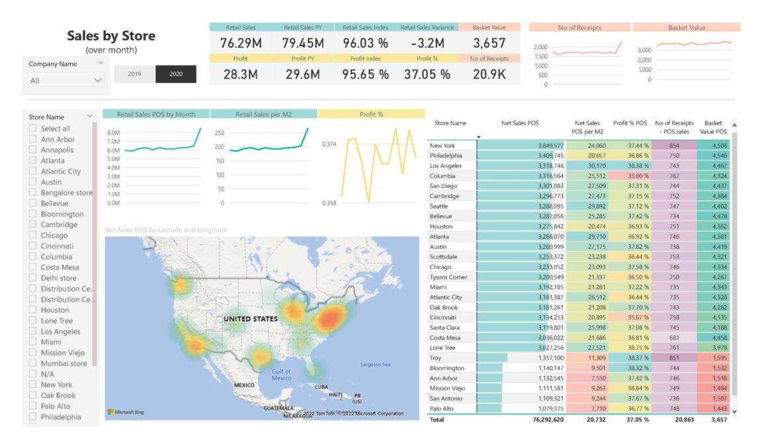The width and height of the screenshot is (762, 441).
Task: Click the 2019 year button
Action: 134,74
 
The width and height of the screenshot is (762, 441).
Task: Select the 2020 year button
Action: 176,74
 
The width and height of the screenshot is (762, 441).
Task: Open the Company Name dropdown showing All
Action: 66,80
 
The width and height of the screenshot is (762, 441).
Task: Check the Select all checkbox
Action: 33,128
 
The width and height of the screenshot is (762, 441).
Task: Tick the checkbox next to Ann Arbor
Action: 33,139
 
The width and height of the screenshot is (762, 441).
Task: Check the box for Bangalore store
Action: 33,193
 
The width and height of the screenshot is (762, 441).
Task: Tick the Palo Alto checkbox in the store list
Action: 33,406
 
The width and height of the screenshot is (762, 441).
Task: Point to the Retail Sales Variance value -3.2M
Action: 427,44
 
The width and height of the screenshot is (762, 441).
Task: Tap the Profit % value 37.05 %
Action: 427,74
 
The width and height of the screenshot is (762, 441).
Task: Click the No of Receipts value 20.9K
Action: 489,74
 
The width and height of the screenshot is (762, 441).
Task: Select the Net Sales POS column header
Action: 520,123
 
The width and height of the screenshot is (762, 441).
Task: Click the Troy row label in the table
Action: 436,358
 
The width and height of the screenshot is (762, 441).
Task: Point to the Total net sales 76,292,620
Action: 542,419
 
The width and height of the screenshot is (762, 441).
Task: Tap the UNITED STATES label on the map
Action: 250,319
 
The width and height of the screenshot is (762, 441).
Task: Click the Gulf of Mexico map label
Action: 281,375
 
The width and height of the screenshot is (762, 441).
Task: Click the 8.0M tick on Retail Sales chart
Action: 113,132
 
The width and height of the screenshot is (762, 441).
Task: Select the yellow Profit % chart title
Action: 371,114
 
